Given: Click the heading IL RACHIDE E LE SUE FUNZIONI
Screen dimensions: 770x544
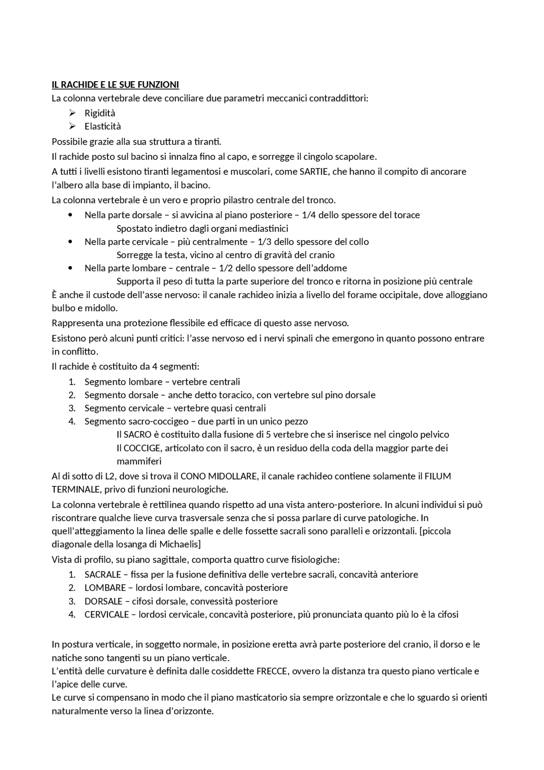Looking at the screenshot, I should click(115, 85).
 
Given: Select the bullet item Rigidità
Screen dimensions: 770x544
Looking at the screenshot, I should click(100, 113).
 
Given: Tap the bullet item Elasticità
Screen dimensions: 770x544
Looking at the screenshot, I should click(102, 126).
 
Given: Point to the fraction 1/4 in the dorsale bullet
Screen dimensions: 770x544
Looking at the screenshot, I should click(309, 215).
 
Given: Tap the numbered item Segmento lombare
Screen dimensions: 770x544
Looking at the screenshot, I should click(123, 382).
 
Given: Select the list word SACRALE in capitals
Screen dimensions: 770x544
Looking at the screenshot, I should click(102, 575).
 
